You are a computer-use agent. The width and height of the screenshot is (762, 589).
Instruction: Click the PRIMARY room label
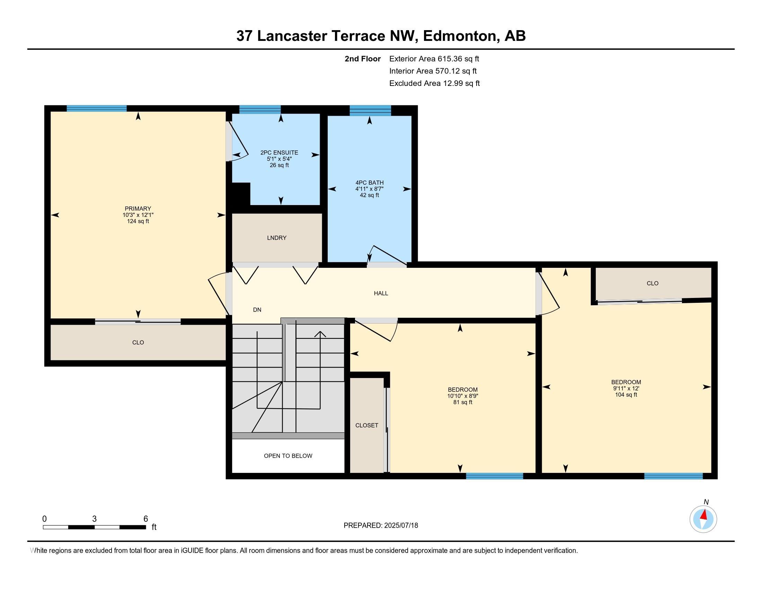coord(138,209)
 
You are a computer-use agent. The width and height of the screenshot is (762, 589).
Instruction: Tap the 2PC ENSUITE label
coord(279,152)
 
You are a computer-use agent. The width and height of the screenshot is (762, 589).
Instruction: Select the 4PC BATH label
coord(370,183)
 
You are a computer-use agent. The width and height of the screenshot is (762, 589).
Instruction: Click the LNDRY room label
coord(277,238)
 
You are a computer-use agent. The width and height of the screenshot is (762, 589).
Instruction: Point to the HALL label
coord(381,293)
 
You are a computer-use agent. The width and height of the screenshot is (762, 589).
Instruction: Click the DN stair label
coord(257,309)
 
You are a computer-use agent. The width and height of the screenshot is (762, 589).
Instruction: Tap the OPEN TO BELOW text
coord(288,456)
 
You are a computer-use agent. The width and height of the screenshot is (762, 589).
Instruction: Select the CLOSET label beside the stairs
coord(367,425)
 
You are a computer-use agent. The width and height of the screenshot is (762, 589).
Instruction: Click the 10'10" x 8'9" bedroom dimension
coord(463,396)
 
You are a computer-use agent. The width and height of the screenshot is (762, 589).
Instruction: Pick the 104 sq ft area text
coord(626,395)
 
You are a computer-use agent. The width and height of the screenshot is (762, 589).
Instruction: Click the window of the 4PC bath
coord(370,110)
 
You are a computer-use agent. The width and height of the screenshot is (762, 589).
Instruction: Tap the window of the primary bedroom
coord(97,108)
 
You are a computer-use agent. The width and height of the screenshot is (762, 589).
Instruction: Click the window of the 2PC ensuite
coord(260,109)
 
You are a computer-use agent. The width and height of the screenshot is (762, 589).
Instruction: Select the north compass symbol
coord(703,519)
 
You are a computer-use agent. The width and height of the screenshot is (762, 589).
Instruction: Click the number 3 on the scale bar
coord(94,519)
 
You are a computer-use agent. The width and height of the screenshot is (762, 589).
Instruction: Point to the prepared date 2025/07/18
coord(400,526)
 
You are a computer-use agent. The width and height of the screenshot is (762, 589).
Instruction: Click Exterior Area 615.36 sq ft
coord(434,59)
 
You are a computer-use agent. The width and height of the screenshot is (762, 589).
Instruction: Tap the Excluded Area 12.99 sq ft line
coord(434,83)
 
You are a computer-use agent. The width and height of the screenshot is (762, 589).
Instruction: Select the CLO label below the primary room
coord(138,342)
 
